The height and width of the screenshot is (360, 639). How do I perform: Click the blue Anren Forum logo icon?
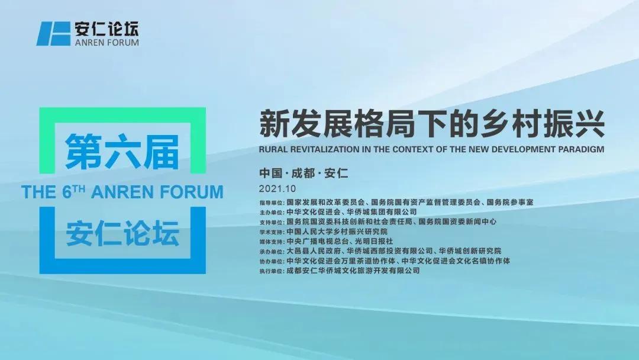(53, 33)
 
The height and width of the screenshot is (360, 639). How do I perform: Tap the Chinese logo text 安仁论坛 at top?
(106, 28)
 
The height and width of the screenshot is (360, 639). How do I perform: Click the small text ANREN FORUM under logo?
(106, 43)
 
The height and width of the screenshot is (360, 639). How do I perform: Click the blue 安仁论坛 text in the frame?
(122, 233)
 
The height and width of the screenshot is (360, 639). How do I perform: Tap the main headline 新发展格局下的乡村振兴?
(431, 123)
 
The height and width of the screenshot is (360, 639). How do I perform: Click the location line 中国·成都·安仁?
(304, 173)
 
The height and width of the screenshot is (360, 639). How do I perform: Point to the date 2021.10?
(277, 189)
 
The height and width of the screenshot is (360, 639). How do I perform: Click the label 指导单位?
(272, 202)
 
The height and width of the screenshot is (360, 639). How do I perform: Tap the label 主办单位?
(272, 213)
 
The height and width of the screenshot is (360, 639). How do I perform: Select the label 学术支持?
(272, 232)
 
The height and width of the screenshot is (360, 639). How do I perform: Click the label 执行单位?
(272, 271)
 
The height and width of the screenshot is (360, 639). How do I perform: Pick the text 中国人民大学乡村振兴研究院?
(337, 232)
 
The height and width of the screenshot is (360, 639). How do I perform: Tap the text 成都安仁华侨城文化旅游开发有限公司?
(353, 271)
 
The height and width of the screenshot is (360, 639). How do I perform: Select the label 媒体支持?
(272, 242)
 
